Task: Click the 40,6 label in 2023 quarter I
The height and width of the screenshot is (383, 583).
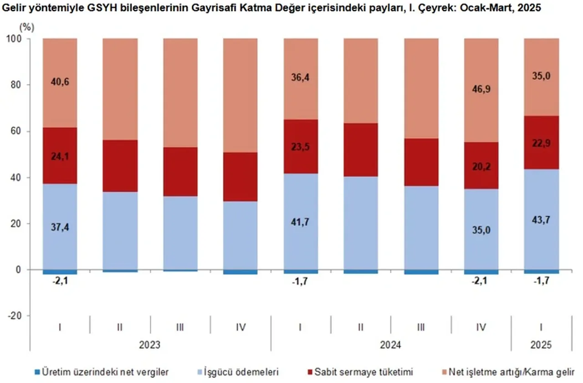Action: click(60, 82)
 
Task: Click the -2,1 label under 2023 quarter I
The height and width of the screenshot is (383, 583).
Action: click(60, 282)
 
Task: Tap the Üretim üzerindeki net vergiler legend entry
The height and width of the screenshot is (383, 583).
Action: click(103, 372)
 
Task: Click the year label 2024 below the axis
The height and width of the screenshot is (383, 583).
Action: click(391, 345)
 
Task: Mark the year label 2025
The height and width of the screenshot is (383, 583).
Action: click(541, 345)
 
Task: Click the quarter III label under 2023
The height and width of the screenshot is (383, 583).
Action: click(180, 327)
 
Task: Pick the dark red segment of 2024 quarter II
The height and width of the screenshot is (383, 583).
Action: click(361, 150)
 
